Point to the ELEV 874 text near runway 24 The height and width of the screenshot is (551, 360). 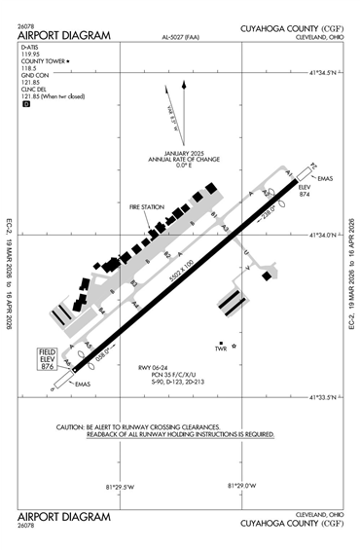(304, 190)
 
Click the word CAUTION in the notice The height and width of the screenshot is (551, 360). (72, 427)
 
